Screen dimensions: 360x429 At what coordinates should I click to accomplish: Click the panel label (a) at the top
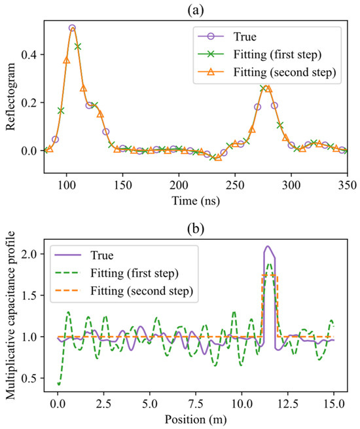coord(196,10)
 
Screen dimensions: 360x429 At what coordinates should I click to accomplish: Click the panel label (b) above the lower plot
coord(196,229)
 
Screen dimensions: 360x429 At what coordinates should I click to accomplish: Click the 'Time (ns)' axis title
coord(196,201)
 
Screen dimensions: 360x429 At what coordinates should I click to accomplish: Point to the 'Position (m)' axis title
coord(196,420)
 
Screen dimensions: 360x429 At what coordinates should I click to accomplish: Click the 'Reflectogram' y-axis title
coord(10,96)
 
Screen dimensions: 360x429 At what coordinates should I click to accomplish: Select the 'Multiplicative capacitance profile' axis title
coord(10,315)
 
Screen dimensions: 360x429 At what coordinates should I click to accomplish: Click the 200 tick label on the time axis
coord(179,185)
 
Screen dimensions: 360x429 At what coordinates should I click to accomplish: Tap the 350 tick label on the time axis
coord(347,185)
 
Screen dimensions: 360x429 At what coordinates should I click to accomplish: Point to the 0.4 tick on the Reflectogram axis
coord(29,55)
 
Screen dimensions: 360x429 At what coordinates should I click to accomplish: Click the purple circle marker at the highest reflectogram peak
coord(72,28)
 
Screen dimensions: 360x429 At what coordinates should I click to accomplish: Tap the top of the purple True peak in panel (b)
coord(268,246)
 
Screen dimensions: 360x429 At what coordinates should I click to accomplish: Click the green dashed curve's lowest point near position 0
coord(59,384)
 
